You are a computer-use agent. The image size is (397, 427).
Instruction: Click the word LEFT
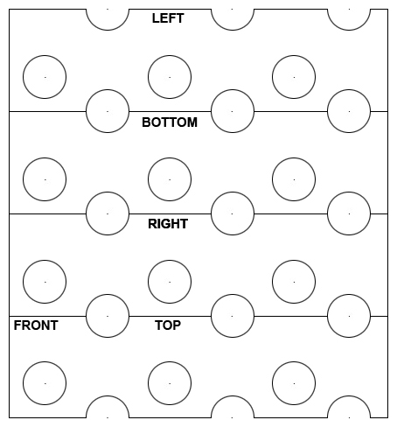[x=168, y=18]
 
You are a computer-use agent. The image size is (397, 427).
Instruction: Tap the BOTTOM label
[x=170, y=122]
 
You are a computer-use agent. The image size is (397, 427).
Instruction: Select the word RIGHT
[x=168, y=224]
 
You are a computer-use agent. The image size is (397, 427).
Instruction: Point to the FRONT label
[x=36, y=325]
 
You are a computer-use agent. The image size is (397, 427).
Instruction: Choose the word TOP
[x=168, y=325]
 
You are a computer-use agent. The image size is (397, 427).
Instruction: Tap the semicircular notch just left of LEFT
[x=108, y=30]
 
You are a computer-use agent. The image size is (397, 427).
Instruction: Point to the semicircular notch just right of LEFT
[x=233, y=30]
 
